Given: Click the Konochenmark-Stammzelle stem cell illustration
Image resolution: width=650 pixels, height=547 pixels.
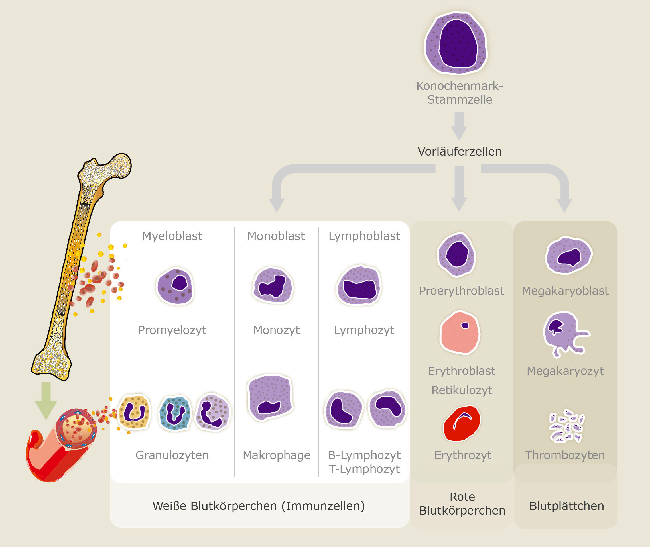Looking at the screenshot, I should (456, 43).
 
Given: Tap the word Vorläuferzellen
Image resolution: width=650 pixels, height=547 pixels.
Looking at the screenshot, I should (460, 151).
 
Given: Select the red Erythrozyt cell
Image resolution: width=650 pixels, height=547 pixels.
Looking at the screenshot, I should (462, 424).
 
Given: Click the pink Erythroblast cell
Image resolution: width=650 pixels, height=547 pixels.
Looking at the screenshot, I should (460, 333).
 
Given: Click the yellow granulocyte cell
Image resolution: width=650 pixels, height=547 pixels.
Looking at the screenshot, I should (134, 412).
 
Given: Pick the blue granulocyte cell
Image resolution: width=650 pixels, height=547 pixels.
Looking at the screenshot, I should (175, 414).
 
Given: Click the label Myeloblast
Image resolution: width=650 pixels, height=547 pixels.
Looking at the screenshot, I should (172, 236).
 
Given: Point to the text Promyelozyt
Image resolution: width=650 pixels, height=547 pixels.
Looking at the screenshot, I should (172, 330).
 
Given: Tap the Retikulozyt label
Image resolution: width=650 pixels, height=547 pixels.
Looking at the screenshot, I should (462, 390).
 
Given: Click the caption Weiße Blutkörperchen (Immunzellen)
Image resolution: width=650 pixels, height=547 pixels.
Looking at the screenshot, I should (259, 506).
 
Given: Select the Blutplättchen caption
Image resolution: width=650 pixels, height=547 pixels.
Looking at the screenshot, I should (566, 506).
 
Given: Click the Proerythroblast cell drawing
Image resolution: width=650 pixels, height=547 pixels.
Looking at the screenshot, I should (456, 255).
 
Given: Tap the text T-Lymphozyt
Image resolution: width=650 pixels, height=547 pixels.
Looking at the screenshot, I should (364, 469).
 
